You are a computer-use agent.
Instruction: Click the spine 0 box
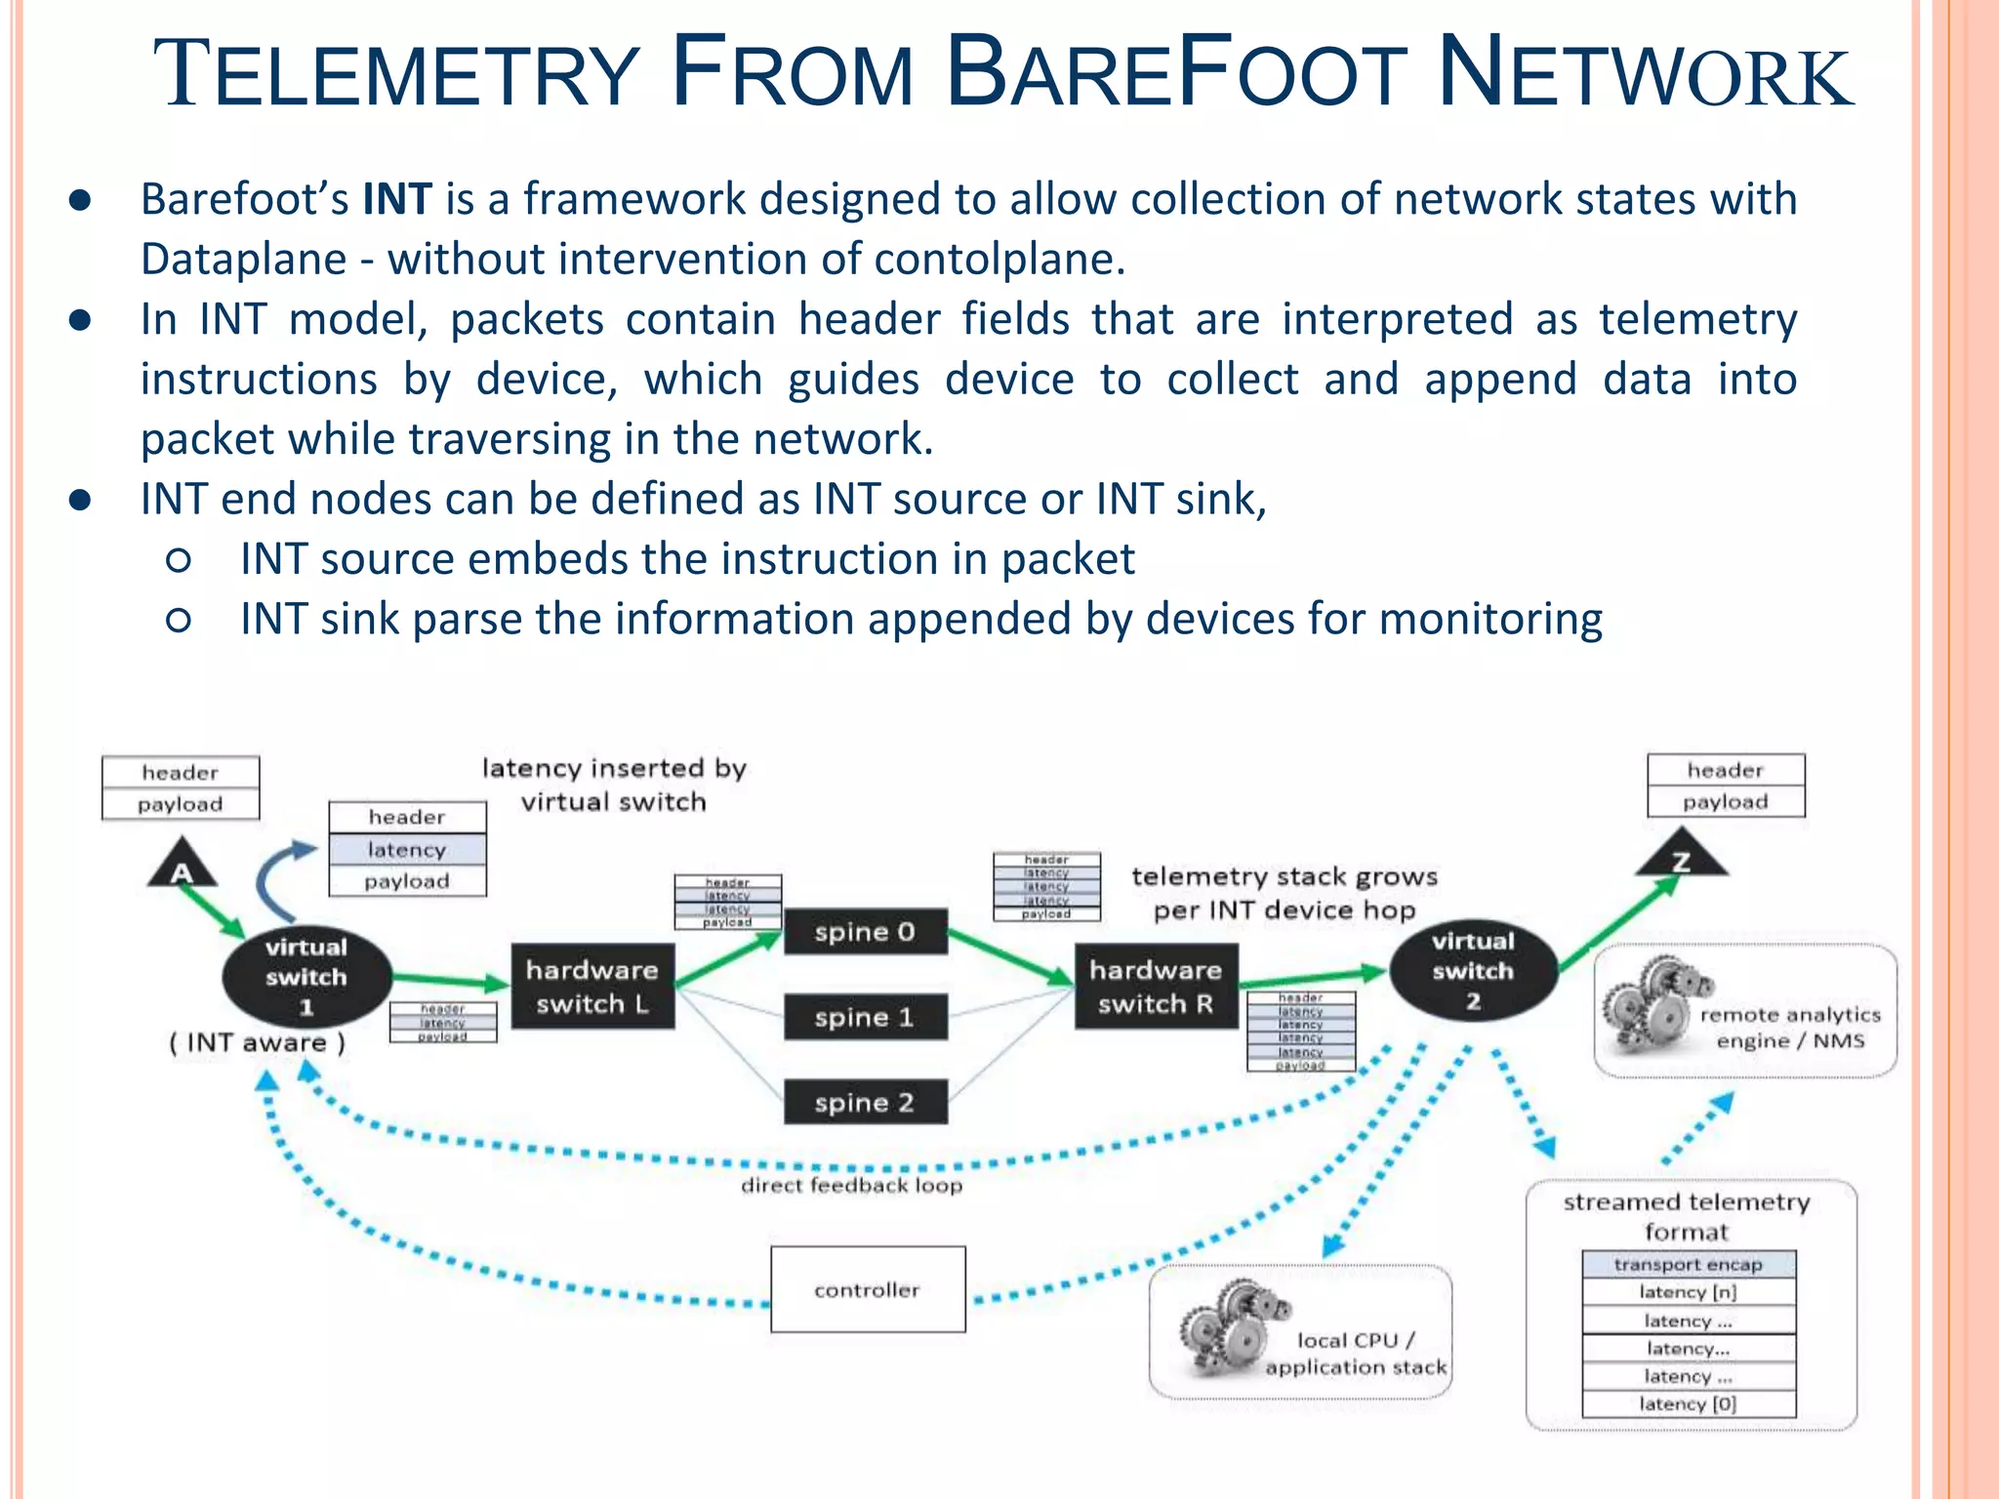pos(865,932)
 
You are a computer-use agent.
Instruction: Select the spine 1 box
pos(865,1017)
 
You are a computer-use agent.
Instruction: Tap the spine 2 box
pos(865,1102)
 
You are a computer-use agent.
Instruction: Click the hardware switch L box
pos(592,986)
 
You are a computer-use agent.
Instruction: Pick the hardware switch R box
pos(1156,986)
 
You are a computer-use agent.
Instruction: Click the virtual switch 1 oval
pos(306,976)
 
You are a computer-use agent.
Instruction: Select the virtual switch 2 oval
pos(1473,971)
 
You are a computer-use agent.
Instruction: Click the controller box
pos(868,1289)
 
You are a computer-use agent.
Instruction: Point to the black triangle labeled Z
pos(1681,857)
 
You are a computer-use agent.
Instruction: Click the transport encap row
pos(1689,1264)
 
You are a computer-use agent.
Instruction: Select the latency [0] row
pos(1689,1403)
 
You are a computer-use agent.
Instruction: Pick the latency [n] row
pos(1689,1291)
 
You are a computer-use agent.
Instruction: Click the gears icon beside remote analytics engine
pos(1650,1005)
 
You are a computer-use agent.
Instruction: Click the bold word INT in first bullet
pos(397,199)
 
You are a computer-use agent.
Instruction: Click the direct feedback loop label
pos(851,1185)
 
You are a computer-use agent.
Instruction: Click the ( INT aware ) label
pos(258,1042)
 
